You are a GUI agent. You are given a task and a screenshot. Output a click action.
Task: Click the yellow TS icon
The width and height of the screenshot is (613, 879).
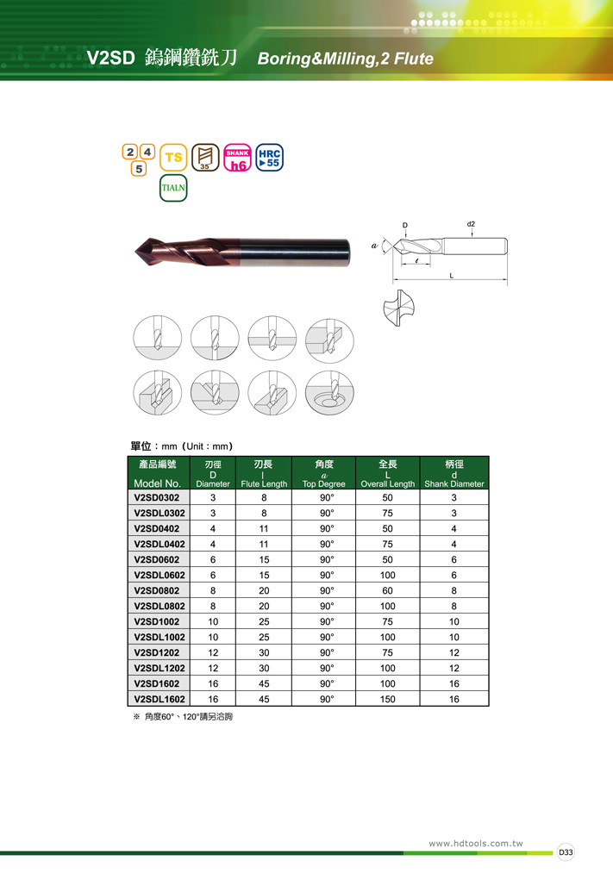(x=173, y=158)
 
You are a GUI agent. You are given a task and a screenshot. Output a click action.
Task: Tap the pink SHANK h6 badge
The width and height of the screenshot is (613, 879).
(x=237, y=158)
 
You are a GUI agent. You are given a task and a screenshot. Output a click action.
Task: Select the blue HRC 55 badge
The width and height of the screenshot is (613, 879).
(x=269, y=158)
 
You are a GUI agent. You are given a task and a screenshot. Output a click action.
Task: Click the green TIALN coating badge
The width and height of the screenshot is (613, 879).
(x=173, y=188)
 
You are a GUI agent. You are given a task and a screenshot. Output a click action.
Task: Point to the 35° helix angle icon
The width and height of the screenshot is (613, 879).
(x=205, y=158)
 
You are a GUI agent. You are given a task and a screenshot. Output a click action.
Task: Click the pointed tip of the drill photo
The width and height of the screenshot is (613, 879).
(x=135, y=252)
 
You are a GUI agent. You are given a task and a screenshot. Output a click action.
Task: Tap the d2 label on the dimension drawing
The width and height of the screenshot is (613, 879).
(x=471, y=224)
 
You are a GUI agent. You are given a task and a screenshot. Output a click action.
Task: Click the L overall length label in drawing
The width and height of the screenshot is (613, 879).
(x=452, y=275)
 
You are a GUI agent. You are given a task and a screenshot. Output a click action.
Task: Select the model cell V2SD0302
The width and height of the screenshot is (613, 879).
(x=157, y=498)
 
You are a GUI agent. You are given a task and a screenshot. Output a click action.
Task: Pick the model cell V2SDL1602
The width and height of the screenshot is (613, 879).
(x=160, y=699)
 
